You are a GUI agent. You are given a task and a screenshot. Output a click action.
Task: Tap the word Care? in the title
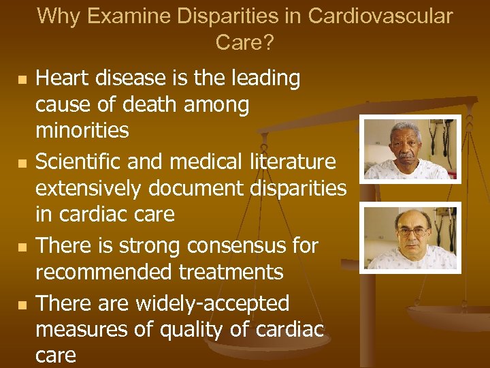point(244,42)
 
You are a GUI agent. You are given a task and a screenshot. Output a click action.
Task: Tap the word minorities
point(82,130)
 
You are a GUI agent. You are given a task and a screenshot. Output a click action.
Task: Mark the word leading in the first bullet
point(263,79)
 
